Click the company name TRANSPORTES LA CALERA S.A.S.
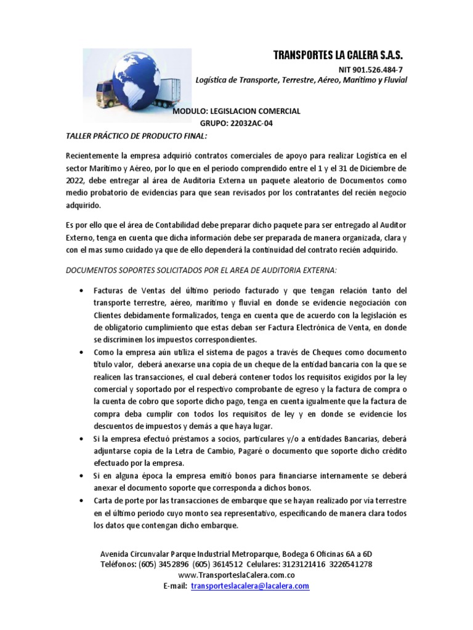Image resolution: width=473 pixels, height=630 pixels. click(x=338, y=55)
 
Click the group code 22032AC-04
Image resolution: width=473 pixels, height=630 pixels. click(x=245, y=123)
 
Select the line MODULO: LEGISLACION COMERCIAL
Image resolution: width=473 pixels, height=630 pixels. click(x=236, y=111)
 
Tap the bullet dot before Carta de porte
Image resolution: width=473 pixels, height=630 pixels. click(x=81, y=500)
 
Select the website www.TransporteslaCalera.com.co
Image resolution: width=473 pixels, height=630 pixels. click(x=236, y=575)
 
